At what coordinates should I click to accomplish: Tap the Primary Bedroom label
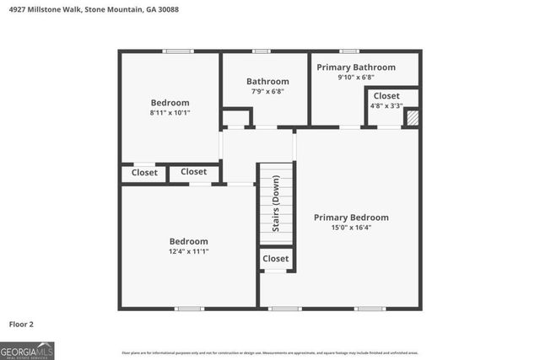(351, 217)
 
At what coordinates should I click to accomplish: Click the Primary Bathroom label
(355, 67)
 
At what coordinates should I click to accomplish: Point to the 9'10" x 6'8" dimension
(355, 77)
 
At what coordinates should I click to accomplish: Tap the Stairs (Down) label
(275, 206)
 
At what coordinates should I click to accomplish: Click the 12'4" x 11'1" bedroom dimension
(188, 251)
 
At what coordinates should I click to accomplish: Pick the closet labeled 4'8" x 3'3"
(386, 105)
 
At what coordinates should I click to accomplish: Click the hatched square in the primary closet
(412, 118)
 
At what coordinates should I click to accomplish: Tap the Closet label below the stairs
(276, 258)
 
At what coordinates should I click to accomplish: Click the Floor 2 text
(21, 323)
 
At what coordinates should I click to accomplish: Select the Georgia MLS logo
(27, 350)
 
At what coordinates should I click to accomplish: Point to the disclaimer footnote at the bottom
(269, 352)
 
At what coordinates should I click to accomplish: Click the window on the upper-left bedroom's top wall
(179, 51)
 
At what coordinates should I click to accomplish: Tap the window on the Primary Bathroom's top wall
(348, 51)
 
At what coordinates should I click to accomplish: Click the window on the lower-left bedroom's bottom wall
(189, 309)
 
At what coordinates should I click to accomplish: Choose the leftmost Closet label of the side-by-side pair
(144, 173)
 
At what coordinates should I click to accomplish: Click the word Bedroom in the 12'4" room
(188, 241)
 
